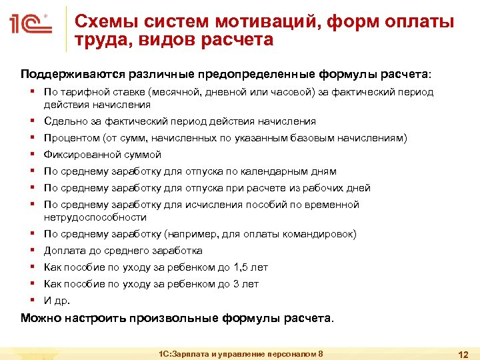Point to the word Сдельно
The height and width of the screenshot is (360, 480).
pyautogui.click(x=64, y=121)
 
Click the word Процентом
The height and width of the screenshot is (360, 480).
pyautogui.click(x=71, y=138)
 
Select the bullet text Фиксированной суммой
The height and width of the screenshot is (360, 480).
pyautogui.click(x=103, y=155)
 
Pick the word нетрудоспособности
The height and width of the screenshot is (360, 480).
pyautogui.click(x=95, y=217)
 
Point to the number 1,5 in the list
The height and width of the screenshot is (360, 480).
pyautogui.click(x=242, y=267)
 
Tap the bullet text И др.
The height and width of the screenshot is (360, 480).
pyautogui.click(x=57, y=301)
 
